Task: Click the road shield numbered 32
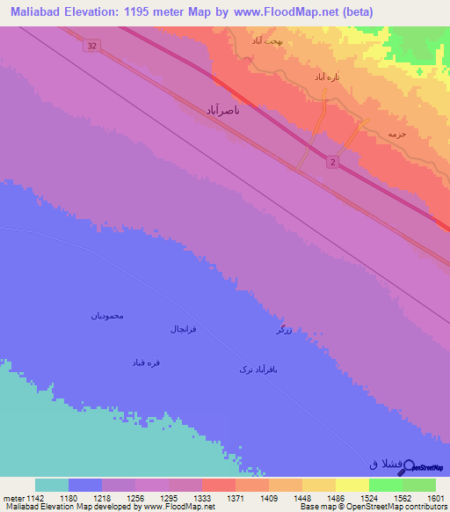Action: pos(91,46)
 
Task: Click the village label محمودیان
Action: pos(107,315)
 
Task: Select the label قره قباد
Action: pos(146,362)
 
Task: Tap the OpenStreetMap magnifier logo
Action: pos(407,463)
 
